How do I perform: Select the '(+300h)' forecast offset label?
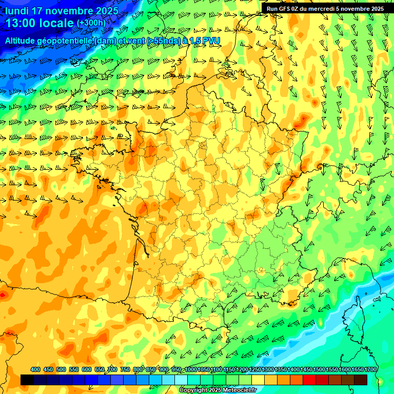click(x=91, y=23)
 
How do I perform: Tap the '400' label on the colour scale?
click(x=35, y=369)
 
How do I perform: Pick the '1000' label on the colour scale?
click(x=190, y=369)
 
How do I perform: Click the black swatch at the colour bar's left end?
click(x=27, y=380)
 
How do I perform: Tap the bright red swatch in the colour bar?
click(x=309, y=380)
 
